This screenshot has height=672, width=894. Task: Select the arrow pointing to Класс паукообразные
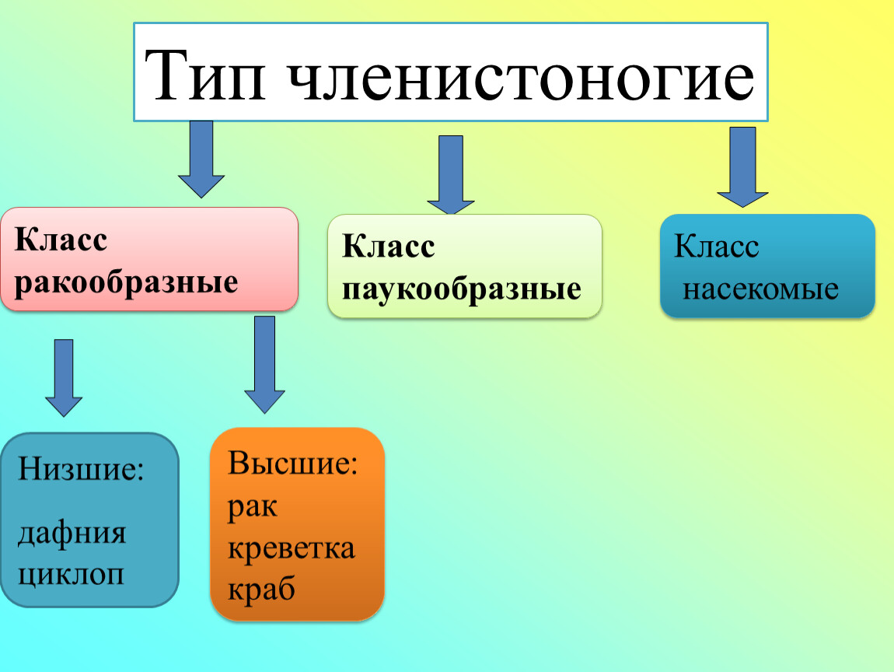click(451, 174)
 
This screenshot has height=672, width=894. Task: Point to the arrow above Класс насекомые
click(742, 166)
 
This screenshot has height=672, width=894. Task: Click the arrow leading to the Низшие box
click(64, 377)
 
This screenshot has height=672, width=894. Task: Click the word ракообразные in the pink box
click(126, 282)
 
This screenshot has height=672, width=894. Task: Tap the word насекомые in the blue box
click(760, 290)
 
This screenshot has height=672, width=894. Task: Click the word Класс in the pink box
click(61, 240)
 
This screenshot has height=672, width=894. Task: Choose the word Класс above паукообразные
click(388, 248)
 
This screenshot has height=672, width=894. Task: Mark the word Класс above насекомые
click(716, 247)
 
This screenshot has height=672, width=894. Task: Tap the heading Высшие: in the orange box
click(292, 464)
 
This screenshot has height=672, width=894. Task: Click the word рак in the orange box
click(253, 507)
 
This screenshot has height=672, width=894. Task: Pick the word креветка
click(292, 548)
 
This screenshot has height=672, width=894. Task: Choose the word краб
click(262, 589)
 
